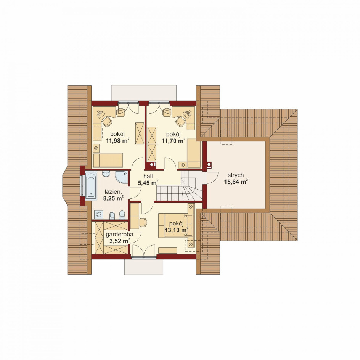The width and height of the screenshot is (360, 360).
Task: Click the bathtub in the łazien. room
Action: [91, 186]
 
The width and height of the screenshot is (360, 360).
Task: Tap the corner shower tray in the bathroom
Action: [121, 177]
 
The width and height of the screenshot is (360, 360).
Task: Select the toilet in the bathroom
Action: [122, 215]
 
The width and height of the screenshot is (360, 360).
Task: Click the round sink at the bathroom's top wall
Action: [106, 174]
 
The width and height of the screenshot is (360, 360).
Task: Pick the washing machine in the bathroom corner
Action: [99, 215]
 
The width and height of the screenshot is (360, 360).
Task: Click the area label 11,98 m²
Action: [117, 140]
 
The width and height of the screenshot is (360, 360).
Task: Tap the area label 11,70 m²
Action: [174, 140]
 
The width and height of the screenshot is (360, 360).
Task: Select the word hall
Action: [148, 176]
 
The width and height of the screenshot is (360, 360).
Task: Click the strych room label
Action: [236, 175]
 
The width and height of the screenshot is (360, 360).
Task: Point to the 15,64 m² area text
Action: [236, 182]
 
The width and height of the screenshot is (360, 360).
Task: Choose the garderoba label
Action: [120, 235]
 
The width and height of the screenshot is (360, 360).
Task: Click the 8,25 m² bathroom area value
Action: [113, 198]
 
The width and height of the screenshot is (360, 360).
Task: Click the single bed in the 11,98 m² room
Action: [108, 160]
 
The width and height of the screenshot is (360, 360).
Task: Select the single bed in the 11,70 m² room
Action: [194, 153]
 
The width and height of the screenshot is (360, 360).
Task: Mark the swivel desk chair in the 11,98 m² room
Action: [107, 122]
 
